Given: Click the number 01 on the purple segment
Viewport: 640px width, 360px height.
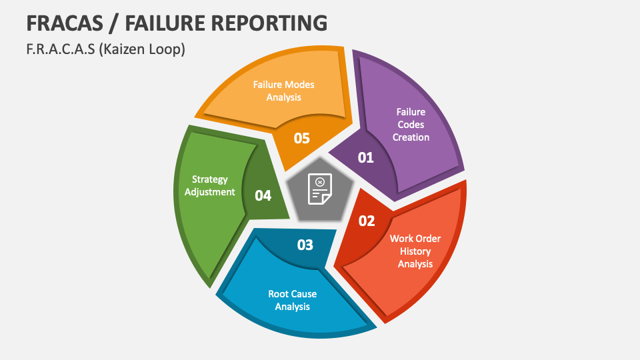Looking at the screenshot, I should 366,158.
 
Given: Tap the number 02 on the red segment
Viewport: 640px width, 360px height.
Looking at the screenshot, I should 367,221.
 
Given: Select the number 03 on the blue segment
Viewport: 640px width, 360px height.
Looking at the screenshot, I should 305,245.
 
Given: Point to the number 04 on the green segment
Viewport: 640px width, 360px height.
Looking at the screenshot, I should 263,195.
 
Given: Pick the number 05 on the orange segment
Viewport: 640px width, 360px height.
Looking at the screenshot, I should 302,138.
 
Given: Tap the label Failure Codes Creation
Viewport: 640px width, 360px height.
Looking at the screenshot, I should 411,124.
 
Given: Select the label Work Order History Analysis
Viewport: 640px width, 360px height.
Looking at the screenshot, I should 415,251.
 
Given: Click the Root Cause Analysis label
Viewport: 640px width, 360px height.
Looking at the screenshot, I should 293,300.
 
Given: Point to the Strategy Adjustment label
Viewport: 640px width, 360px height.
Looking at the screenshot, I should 210,185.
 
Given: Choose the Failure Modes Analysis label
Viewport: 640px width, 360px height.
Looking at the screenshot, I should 283,91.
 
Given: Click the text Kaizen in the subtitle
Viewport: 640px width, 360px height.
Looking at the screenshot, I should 124,49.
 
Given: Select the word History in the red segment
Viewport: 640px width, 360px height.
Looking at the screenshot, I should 415,251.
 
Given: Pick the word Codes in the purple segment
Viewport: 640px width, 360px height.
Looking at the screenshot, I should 411,124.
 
